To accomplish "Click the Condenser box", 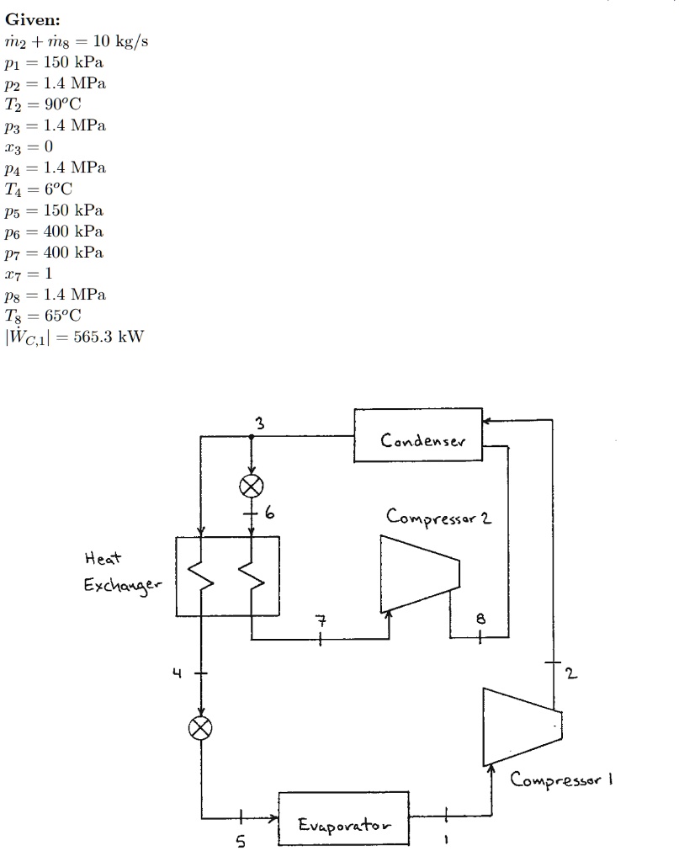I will (418, 436).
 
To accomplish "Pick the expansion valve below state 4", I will (201, 728).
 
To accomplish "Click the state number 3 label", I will (260, 424).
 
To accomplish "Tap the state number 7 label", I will (319, 621).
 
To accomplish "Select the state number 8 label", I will (480, 618).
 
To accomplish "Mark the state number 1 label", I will (446, 839).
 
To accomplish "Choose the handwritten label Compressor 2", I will (438, 516).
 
